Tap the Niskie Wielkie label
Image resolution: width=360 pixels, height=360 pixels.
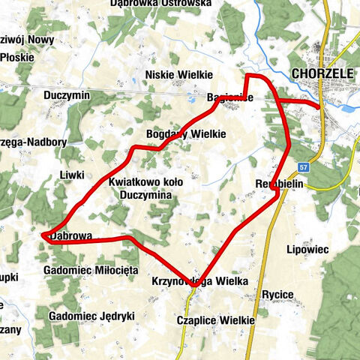(180, 74)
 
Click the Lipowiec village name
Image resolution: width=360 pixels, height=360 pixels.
(307, 248)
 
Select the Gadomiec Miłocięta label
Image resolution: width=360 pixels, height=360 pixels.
(91, 268)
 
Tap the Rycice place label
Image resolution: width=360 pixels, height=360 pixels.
(277, 294)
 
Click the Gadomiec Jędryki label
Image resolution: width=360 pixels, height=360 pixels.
(91, 316)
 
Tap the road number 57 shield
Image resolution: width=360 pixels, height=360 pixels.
(301, 167)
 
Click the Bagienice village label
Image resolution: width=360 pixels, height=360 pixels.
(230, 97)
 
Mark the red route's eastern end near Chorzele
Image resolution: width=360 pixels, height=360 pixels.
(319, 106)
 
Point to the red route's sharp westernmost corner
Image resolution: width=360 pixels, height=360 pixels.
(41, 235)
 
